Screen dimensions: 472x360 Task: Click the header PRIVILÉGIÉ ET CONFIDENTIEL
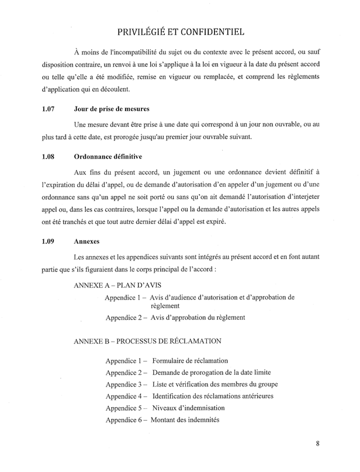pyautogui.click(x=180, y=31)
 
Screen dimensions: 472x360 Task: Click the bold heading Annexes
pyautogui.click(x=87, y=240)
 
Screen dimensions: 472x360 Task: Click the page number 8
pyautogui.click(x=317, y=443)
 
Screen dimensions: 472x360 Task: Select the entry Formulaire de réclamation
pyautogui.click(x=189, y=361)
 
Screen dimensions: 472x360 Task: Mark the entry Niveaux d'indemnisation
pyautogui.click(x=187, y=408)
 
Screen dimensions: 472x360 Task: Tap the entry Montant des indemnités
pyautogui.click(x=185, y=419)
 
